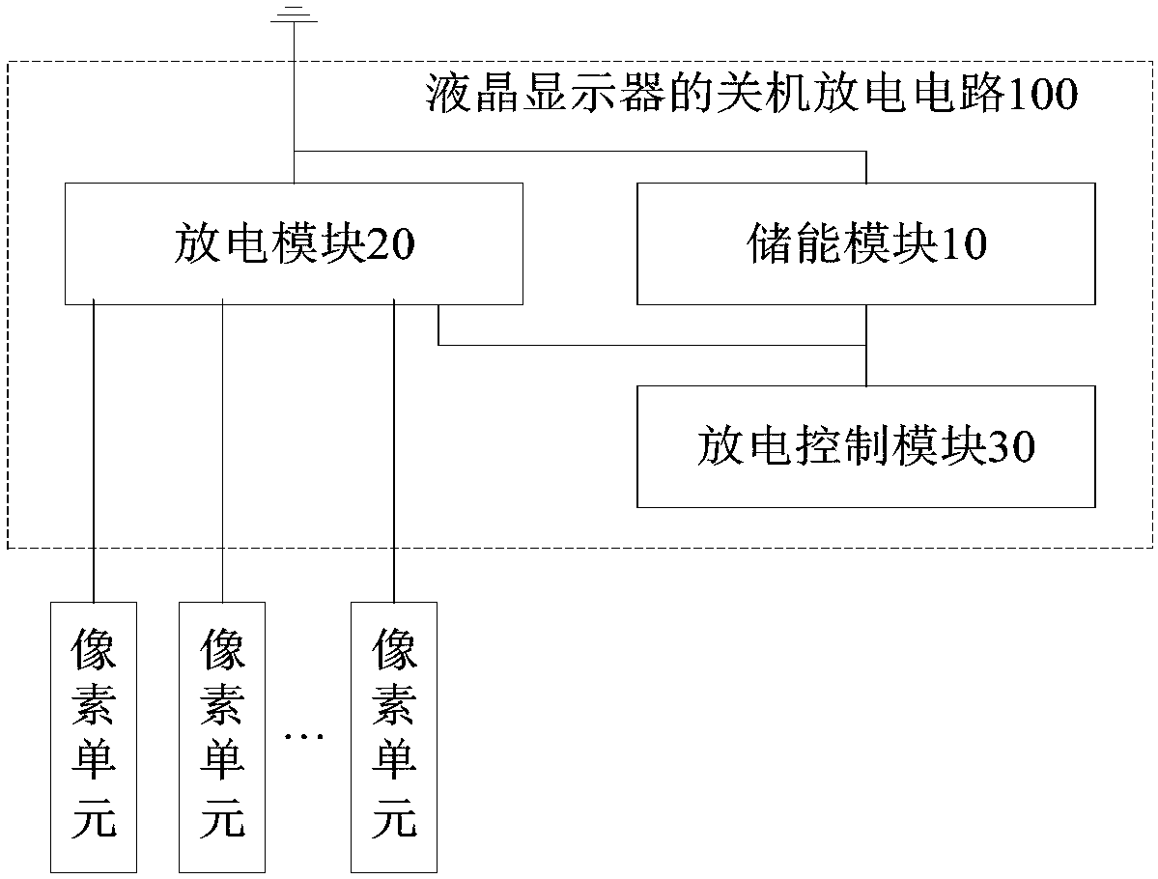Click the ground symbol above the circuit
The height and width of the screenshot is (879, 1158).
click(294, 14)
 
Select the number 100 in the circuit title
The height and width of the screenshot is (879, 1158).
click(1041, 96)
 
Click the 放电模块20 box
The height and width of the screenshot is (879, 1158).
click(294, 243)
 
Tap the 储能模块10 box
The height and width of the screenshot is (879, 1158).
click(865, 243)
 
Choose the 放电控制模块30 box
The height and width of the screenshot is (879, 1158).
click(865, 446)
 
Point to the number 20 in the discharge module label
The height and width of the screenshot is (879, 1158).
click(391, 244)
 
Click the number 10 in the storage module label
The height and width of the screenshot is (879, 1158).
click(964, 244)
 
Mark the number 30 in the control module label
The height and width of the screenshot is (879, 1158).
click(1010, 447)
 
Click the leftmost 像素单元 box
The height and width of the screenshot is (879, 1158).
click(94, 737)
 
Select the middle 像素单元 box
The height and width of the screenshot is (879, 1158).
click(222, 737)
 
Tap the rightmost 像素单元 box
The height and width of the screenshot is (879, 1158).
click(394, 737)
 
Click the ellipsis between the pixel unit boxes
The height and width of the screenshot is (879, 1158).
click(304, 736)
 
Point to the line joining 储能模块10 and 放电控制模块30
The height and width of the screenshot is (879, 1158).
click(866, 345)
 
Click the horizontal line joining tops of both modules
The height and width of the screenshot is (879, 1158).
click(579, 152)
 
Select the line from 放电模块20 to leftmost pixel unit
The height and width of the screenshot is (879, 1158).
click(94, 450)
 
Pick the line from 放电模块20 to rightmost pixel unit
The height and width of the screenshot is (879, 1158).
click(394, 450)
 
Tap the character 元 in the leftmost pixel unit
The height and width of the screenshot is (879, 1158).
click(94, 818)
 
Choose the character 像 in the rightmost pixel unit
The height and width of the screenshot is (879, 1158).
click(394, 648)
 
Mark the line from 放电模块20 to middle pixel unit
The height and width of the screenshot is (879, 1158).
click(222, 450)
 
